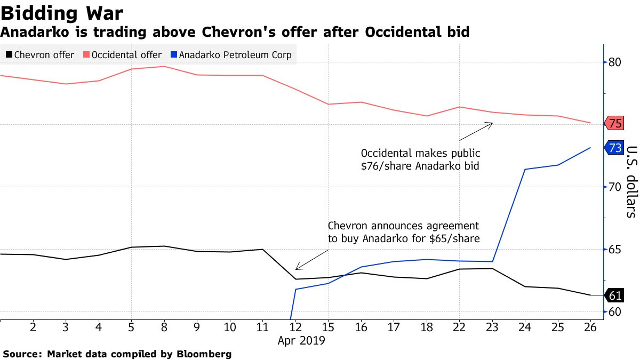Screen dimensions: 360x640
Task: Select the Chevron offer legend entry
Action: (x=39, y=54)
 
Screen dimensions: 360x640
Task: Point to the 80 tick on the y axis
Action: (x=614, y=62)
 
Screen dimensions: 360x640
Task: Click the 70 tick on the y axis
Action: (x=614, y=187)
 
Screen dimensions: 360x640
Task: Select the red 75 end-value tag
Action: (x=614, y=124)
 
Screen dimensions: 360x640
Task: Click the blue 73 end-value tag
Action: (x=614, y=148)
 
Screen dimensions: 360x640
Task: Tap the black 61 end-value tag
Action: (x=614, y=295)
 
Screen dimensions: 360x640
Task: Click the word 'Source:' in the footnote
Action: (x=22, y=354)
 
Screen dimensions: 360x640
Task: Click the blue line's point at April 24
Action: (x=525, y=170)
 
